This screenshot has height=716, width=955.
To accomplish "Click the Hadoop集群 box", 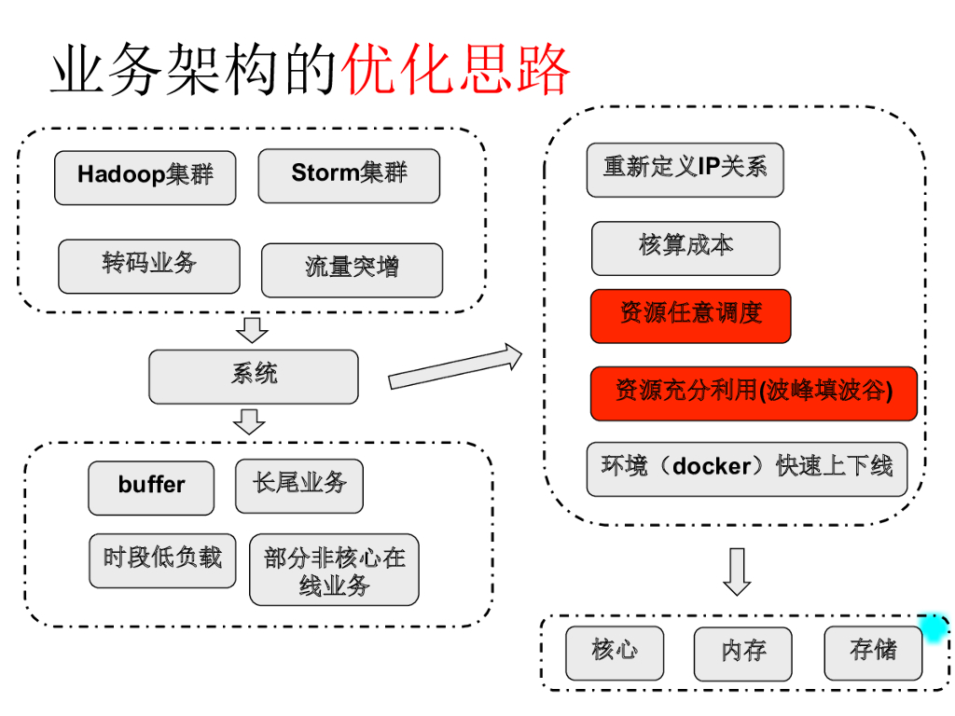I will point(145,177).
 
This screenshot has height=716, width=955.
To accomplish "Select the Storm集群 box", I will point(349,175).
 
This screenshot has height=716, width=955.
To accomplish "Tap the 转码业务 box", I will point(149,266).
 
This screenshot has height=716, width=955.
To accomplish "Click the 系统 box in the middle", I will point(254,377).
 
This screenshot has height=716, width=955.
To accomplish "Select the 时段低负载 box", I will point(162,560).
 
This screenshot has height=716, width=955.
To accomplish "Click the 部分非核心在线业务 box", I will point(334,570).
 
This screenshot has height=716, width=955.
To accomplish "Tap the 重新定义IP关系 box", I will point(685,170).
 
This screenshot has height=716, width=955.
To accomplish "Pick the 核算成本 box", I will point(685,248).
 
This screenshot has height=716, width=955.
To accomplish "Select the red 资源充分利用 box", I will point(754,393).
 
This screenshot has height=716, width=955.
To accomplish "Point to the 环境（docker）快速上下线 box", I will point(746,469).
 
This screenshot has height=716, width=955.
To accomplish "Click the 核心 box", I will point(615,653).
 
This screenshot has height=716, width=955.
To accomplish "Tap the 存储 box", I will point(873,653).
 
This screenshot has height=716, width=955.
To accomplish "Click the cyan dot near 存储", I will point(933,628).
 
